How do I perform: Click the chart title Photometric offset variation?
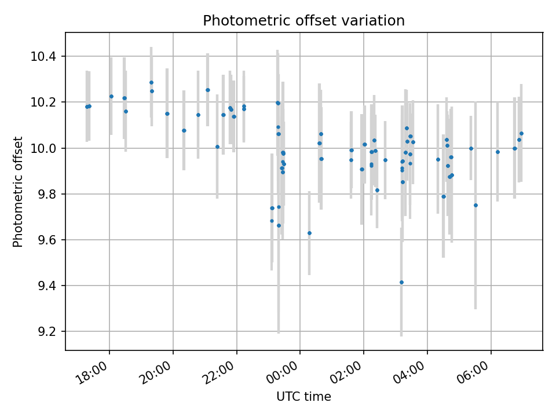pos(303,21)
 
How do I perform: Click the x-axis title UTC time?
pos(303,397)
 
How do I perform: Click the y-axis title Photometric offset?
pos(18,192)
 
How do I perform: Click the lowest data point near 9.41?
pos(401,282)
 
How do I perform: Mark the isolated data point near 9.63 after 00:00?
pos(309,233)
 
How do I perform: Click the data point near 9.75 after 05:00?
pos(475,205)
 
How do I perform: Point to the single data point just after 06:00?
pos(498,152)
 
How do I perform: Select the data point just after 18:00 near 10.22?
pos(111,96)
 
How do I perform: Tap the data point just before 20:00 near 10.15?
pos(167,114)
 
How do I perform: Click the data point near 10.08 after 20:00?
pos(184,130)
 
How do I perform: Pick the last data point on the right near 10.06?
pos(521,133)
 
